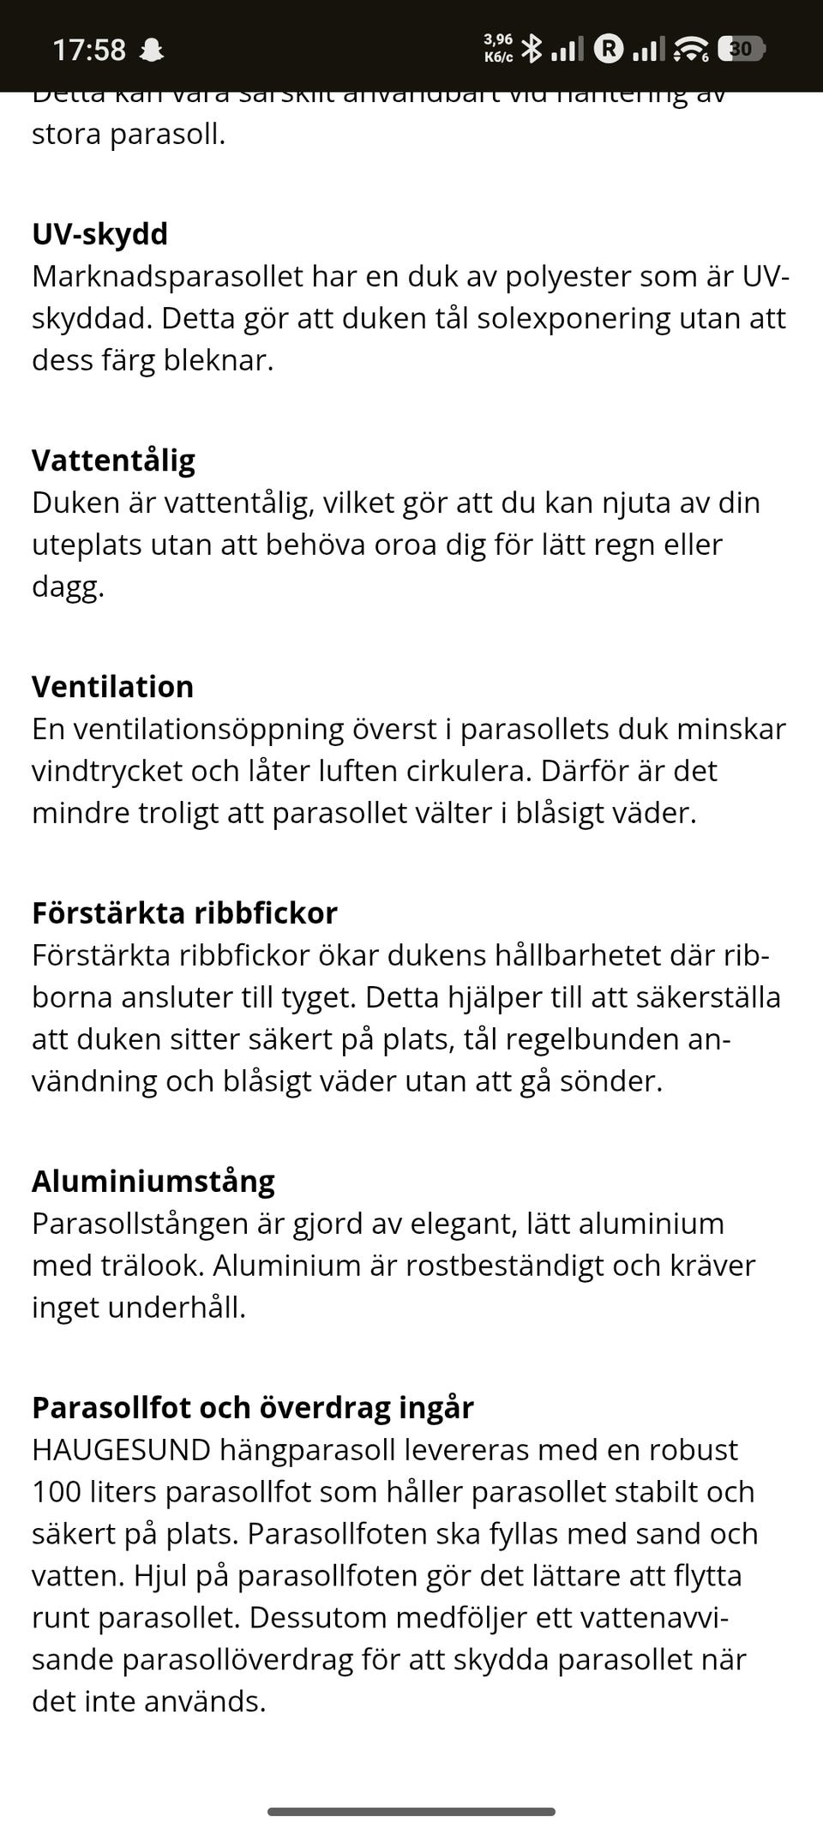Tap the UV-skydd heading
click(99, 233)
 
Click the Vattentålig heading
click(113, 460)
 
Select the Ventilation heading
click(112, 686)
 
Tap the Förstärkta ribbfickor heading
click(184, 912)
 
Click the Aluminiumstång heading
click(153, 1181)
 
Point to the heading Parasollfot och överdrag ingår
click(252, 1407)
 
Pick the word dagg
click(67, 587)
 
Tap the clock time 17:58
click(89, 50)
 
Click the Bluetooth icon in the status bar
click(532, 48)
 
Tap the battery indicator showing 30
click(741, 49)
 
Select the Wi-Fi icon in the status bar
click(690, 50)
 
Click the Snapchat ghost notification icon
click(152, 50)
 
